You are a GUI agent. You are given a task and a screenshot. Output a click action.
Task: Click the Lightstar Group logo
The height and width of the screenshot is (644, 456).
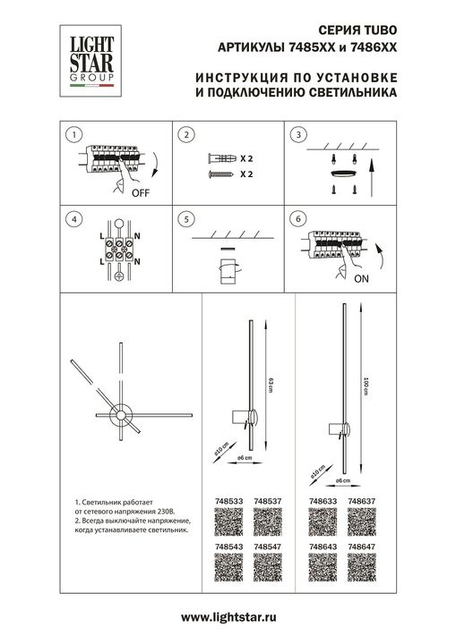[86, 63]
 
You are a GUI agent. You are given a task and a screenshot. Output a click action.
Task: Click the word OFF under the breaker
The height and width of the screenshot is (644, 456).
[141, 192]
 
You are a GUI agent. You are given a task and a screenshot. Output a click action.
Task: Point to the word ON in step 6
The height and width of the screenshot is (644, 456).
[361, 277]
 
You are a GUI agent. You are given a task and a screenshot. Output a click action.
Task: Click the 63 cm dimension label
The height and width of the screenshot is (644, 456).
[271, 383]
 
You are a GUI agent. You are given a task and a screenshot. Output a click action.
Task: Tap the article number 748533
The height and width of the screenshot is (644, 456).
[229, 502]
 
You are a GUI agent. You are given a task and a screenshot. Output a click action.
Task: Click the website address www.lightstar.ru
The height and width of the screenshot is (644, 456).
[228, 617]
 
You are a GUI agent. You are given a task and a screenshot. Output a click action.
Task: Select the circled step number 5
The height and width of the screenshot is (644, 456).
[184, 218]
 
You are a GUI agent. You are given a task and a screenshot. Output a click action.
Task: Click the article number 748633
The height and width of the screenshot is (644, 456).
[322, 502]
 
